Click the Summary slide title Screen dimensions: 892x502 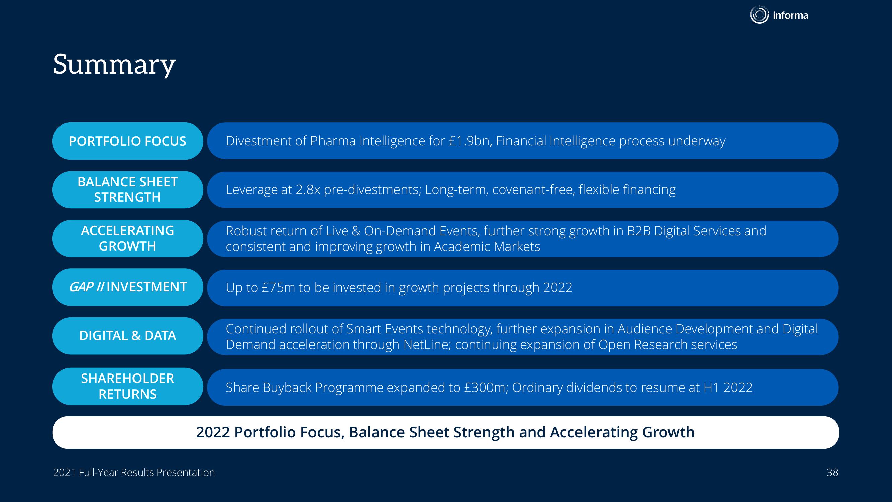point(114,65)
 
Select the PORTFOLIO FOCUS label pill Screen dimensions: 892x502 point(127,141)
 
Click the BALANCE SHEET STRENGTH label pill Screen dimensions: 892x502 point(127,190)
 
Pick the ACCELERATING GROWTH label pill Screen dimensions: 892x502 point(127,238)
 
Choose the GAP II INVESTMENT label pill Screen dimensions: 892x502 point(127,287)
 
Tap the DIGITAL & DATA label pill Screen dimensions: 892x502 point(127,336)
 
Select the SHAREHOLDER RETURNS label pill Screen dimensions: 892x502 point(127,386)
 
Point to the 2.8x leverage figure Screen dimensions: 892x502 point(308,189)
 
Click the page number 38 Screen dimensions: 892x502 point(832,473)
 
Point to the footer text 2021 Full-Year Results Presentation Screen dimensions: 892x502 point(134,473)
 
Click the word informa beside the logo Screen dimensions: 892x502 point(791,15)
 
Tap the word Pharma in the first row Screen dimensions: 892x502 point(333,141)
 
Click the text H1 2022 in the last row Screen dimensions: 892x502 point(728,387)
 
